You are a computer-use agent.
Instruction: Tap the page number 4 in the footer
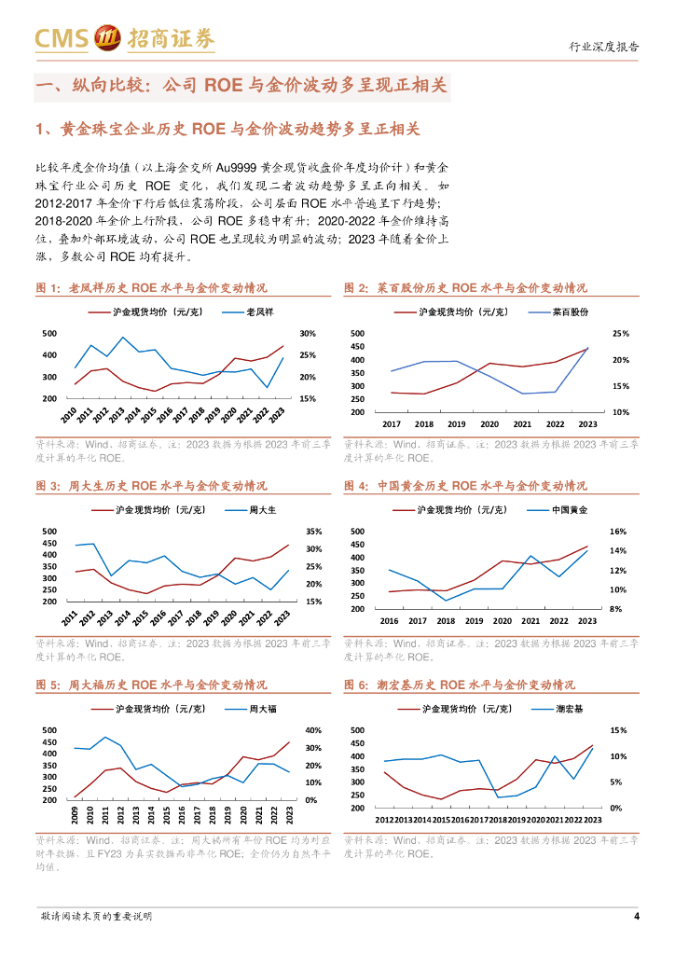[x=636, y=916]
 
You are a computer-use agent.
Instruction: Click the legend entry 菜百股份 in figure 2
[x=571, y=311]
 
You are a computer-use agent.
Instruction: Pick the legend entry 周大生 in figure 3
[x=263, y=510]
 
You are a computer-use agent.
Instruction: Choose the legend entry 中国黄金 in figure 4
[x=570, y=510]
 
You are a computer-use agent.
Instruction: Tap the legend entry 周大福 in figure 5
[x=263, y=710]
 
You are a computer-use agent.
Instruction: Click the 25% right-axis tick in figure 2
[x=621, y=333]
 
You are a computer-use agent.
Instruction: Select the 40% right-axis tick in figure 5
[x=313, y=730]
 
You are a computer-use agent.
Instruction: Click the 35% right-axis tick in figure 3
[x=313, y=532]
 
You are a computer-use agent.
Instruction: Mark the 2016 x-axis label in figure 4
[x=389, y=621]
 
